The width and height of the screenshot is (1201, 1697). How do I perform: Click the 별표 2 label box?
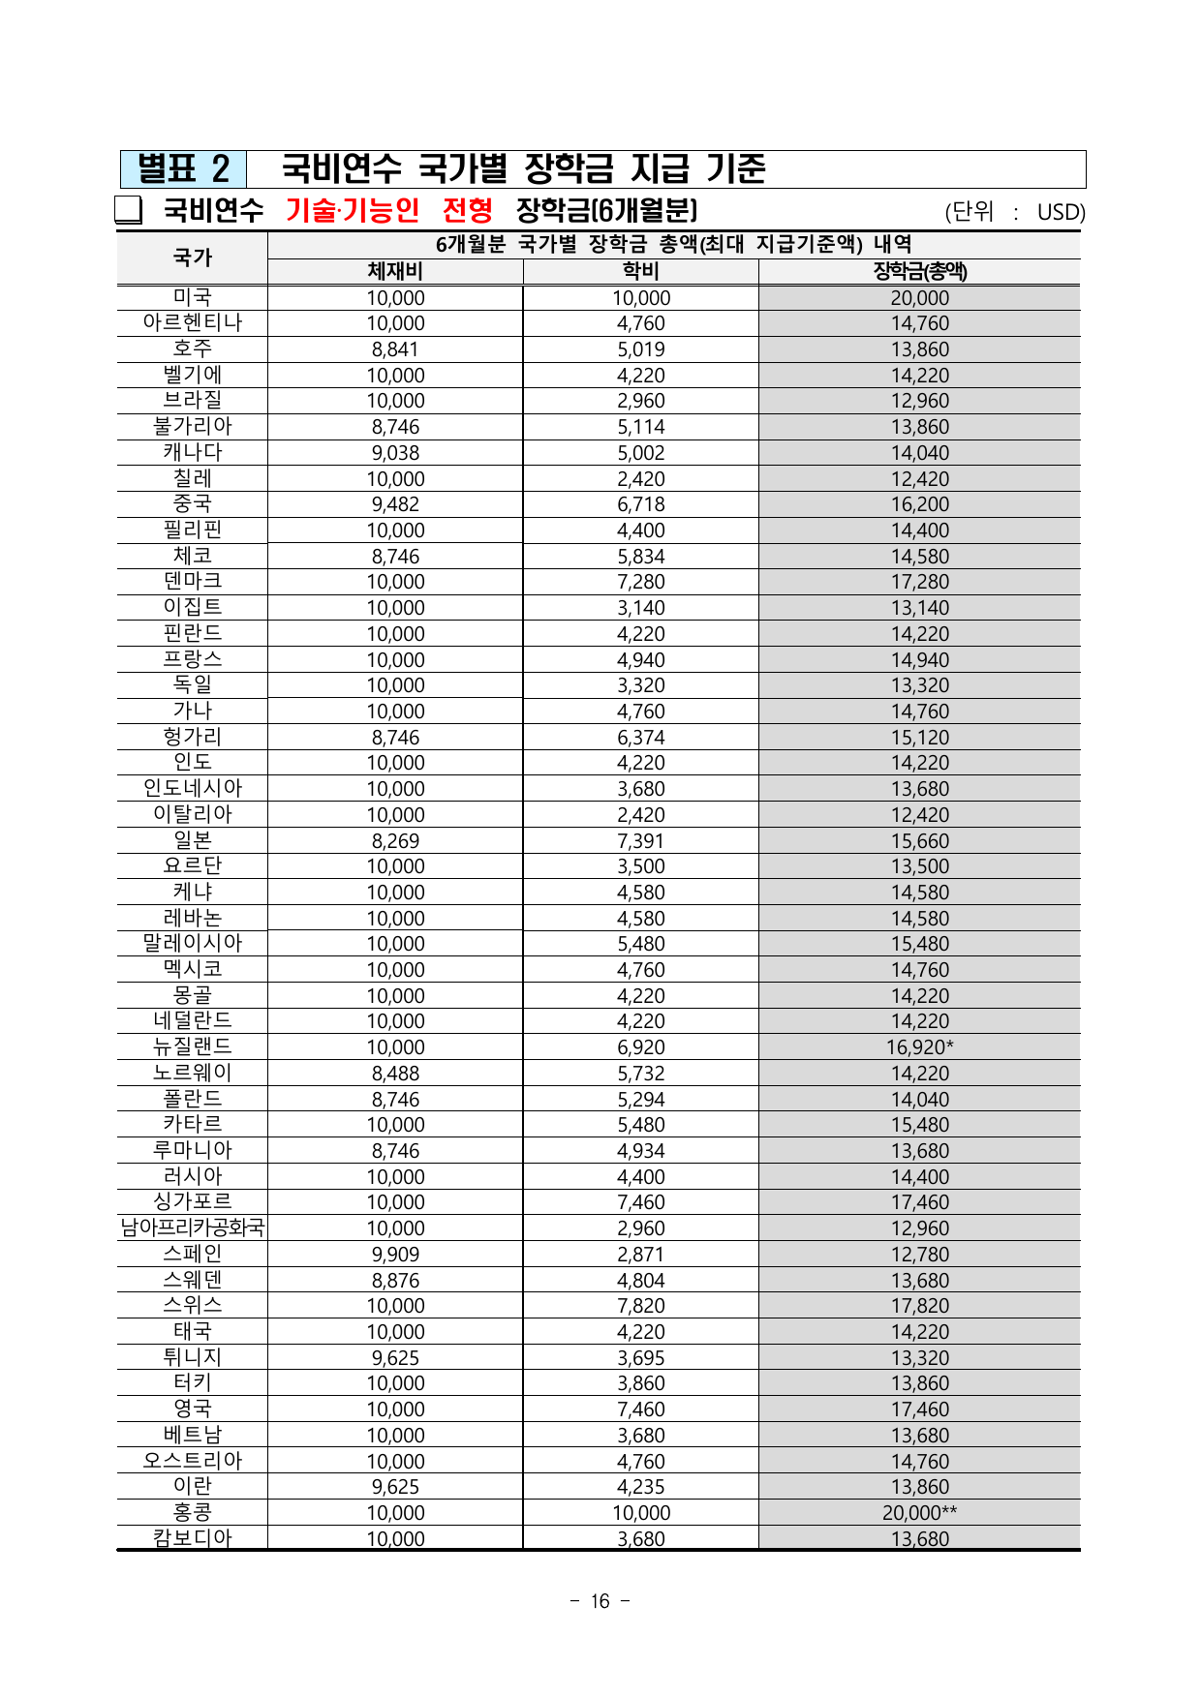click(x=183, y=169)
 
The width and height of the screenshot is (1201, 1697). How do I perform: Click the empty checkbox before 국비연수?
click(x=128, y=210)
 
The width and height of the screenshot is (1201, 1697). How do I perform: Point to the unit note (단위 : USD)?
click(x=1014, y=212)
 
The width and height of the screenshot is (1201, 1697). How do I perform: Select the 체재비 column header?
click(x=395, y=272)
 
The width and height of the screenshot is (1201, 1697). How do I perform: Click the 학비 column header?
click(x=640, y=272)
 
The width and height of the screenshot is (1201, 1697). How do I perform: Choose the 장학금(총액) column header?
click(x=919, y=272)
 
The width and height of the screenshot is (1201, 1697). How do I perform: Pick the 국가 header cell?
click(x=192, y=258)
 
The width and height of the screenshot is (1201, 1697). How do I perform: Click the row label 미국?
click(x=192, y=297)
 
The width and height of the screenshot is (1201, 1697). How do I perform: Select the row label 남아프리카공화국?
click(x=192, y=1227)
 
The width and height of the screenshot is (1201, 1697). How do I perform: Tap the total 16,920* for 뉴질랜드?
click(x=919, y=1047)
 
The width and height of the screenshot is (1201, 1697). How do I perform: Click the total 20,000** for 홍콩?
click(x=919, y=1513)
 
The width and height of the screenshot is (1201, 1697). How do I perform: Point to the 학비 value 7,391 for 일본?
click(x=640, y=840)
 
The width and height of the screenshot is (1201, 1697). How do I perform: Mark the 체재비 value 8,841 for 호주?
click(x=395, y=349)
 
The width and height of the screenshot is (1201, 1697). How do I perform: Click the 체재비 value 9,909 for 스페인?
click(x=395, y=1255)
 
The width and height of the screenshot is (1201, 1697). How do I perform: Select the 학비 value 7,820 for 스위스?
click(x=640, y=1306)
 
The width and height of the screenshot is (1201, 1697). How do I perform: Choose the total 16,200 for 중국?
click(x=919, y=504)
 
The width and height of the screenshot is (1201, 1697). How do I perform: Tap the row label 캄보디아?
click(x=192, y=1538)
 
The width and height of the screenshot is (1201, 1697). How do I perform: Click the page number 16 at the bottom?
click(x=600, y=1601)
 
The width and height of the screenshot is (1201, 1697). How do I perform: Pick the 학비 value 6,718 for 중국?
click(x=640, y=504)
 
